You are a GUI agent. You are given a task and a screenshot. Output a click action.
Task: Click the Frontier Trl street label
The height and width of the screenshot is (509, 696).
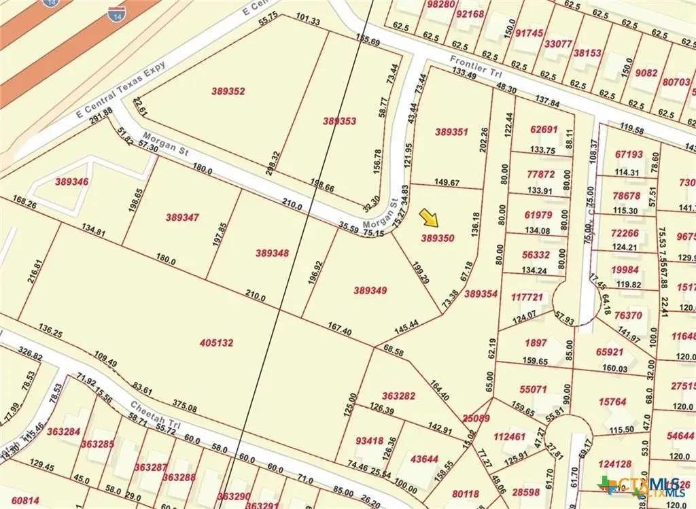(x=470, y=67)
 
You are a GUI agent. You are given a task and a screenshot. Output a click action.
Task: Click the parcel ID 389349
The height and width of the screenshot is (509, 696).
(x=370, y=290)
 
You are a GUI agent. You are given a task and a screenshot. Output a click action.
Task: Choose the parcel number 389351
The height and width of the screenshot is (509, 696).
(x=451, y=132)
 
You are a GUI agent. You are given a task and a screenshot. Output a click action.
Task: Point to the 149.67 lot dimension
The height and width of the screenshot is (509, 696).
(x=446, y=183)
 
